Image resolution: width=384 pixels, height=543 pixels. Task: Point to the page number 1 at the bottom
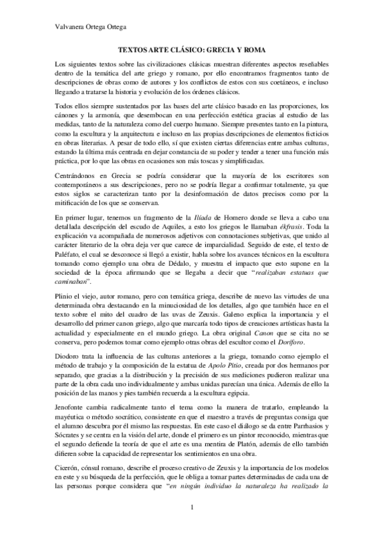click(x=192, y=509)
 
